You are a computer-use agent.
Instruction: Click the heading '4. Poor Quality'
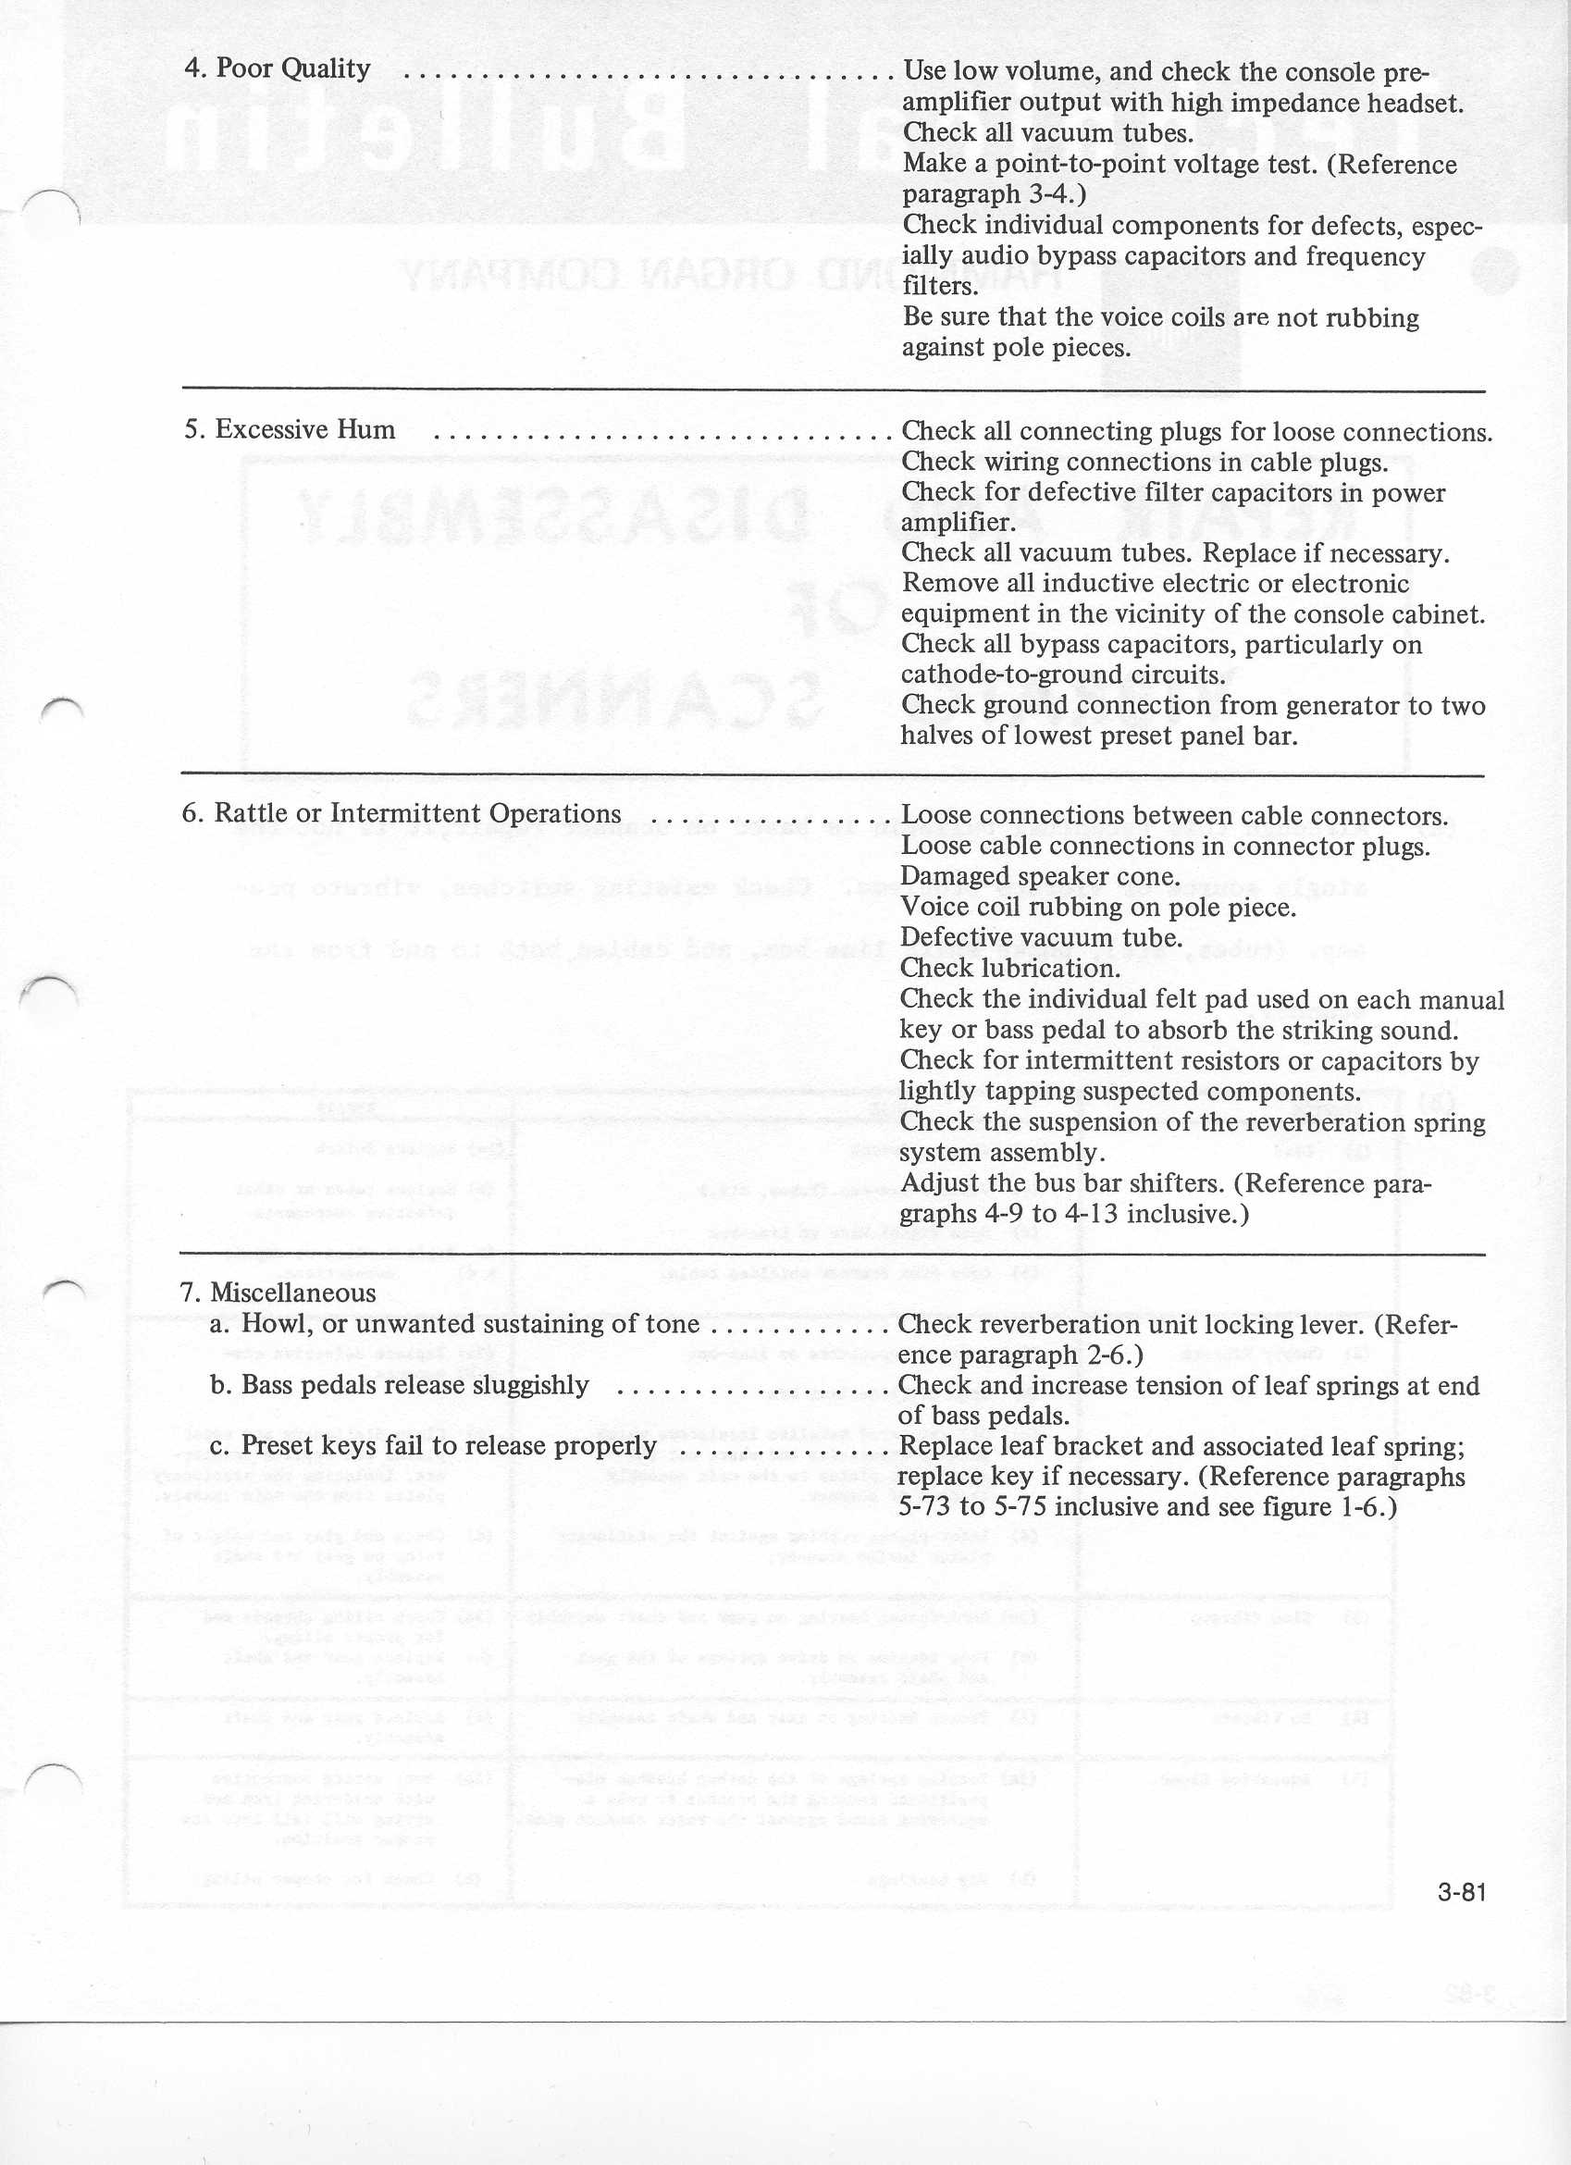pos(277,68)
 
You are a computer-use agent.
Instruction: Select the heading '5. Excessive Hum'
pos(291,429)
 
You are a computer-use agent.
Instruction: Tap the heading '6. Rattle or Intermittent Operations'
pos(401,813)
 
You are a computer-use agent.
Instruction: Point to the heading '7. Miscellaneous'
pos(278,1293)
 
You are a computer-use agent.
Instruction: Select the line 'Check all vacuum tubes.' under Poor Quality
pos(1048,132)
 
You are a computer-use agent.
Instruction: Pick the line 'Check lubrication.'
pos(1008,968)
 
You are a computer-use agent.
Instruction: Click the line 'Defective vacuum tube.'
pos(1041,937)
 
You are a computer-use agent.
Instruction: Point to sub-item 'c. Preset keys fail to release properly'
pos(432,1445)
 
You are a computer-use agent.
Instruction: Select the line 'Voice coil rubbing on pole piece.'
pos(1097,907)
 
